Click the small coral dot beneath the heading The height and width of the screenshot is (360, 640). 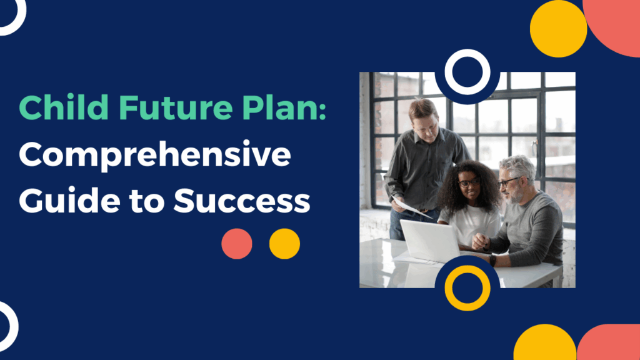[x=237, y=244]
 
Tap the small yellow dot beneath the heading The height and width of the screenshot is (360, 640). [x=284, y=244]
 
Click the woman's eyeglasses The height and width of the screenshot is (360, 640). [x=469, y=182]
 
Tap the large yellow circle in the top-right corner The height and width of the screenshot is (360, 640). [x=558, y=29]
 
